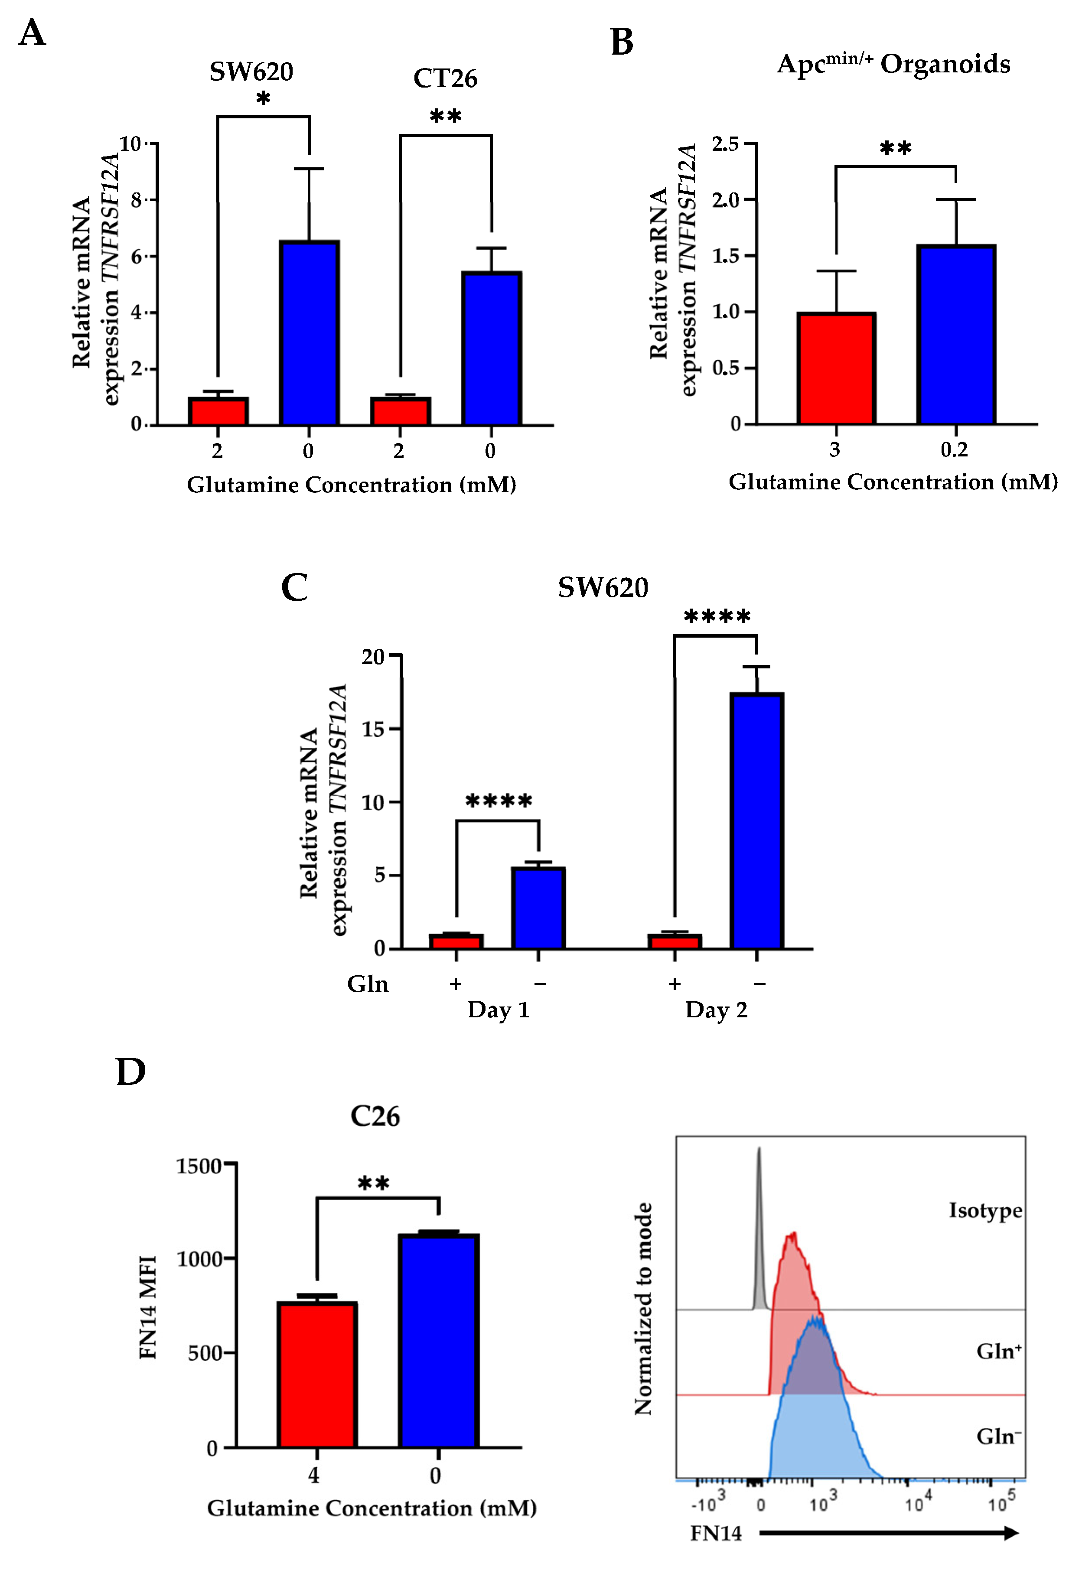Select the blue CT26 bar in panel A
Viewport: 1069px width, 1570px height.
pyautogui.click(x=491, y=348)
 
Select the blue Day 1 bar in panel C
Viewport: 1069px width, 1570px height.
pyautogui.click(x=538, y=908)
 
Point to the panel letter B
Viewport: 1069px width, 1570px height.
pyautogui.click(x=622, y=42)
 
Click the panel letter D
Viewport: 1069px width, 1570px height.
pyautogui.click(x=130, y=1072)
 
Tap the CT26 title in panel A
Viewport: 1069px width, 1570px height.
pyautogui.click(x=445, y=78)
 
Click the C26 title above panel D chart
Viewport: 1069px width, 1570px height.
pyautogui.click(x=375, y=1116)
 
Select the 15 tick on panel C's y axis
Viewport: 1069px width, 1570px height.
pyautogui.click(x=373, y=729)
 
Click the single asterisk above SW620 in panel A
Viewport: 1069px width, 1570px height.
pyautogui.click(x=263, y=99)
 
